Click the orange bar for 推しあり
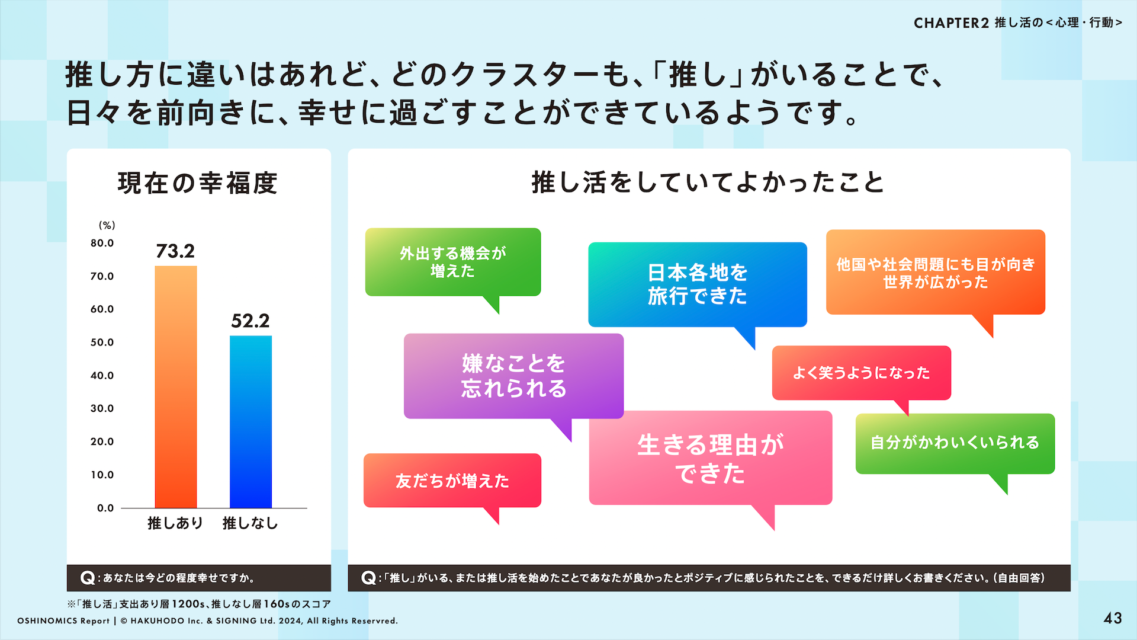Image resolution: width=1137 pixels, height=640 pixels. [176, 387]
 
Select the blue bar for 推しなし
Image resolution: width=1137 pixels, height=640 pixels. [250, 422]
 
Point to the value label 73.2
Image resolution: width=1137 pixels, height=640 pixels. [175, 251]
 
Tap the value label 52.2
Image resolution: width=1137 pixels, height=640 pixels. [250, 321]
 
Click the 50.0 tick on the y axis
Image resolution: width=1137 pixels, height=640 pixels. [102, 343]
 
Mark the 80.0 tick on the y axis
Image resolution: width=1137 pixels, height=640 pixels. [102, 243]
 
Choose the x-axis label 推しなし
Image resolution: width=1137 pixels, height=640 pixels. [250, 523]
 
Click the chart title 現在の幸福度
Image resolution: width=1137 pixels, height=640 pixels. [198, 183]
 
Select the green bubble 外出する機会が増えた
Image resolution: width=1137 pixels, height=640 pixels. [453, 263]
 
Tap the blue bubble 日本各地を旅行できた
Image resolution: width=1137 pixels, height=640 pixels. [698, 284]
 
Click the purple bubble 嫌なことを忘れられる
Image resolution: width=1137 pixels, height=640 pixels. [513, 376]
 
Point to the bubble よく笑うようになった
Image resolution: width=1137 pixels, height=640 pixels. [862, 373]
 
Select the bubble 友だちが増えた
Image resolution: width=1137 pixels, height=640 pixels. [452, 481]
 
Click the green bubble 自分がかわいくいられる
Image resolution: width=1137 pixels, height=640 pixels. [955, 444]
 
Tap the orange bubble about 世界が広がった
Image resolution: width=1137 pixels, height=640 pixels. [936, 273]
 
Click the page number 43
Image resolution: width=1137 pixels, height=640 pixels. [1113, 619]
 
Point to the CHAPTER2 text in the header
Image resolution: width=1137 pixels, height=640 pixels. [951, 23]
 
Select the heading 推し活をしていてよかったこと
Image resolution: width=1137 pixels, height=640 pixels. [708, 183]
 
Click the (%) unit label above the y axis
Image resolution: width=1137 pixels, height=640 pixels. [107, 225]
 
